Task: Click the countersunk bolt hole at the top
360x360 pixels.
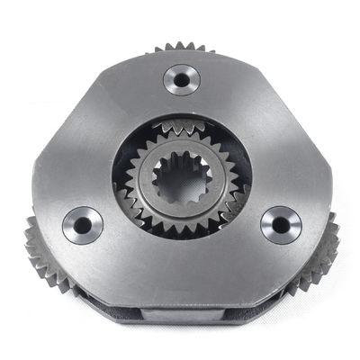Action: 181,79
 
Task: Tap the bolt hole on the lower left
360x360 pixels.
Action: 82,225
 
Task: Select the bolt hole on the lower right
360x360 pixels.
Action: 281,224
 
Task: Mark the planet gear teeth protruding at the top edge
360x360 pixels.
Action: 179,47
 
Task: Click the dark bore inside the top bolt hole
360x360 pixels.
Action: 181,79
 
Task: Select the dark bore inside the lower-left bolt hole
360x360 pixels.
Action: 82,225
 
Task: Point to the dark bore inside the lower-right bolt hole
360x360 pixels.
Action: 282,224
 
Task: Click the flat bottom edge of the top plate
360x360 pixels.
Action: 180,290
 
